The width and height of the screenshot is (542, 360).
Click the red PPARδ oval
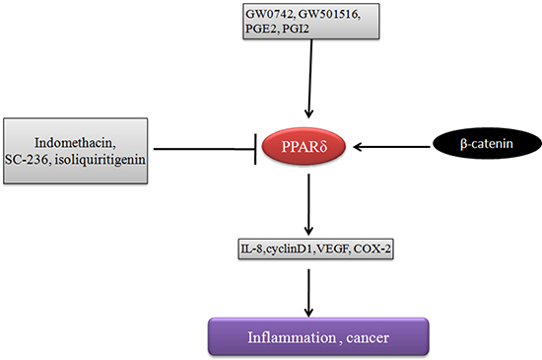point(304,146)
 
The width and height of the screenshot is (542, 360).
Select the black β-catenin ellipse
point(487,143)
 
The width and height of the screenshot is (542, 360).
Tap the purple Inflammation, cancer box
point(318,336)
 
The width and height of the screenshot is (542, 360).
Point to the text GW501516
point(329,15)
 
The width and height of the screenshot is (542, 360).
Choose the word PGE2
point(261,29)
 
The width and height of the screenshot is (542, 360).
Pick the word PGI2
point(296,29)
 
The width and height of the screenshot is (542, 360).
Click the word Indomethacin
point(75,143)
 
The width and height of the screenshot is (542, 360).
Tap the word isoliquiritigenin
point(101,160)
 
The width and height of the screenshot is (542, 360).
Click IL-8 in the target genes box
point(252,249)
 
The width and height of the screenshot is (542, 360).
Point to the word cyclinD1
point(289,249)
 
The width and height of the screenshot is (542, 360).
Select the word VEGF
point(332,249)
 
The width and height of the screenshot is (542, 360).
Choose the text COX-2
point(373,249)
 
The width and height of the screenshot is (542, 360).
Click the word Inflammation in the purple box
point(292,337)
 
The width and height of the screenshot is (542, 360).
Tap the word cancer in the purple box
point(368,338)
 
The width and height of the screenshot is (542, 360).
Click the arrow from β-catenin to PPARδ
point(391,147)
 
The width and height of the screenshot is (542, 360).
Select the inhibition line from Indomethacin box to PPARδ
point(205,149)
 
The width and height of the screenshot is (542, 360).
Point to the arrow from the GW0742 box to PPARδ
point(309,79)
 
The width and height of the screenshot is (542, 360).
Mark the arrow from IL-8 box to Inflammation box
point(308,293)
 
